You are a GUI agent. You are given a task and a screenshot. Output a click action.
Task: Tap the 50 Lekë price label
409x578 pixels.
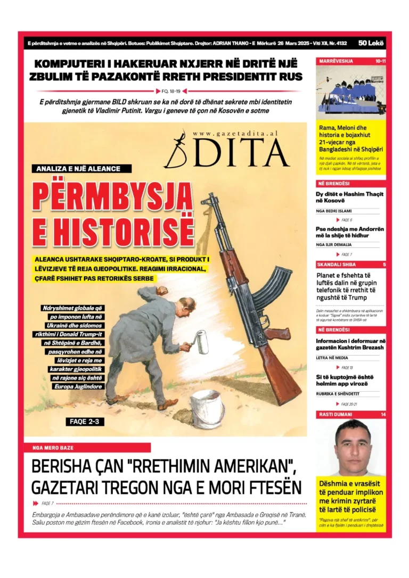371,43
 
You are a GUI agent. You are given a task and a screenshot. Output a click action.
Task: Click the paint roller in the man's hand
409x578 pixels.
201,341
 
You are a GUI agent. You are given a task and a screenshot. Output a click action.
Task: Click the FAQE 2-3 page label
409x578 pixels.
84,422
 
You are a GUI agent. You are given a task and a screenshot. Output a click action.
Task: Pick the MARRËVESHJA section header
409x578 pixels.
336,61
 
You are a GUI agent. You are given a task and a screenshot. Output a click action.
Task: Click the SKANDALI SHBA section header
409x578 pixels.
336,265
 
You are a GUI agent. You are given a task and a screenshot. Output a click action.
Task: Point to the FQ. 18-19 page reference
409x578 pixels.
171,91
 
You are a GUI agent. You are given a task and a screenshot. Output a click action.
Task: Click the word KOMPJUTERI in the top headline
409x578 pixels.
75,63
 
